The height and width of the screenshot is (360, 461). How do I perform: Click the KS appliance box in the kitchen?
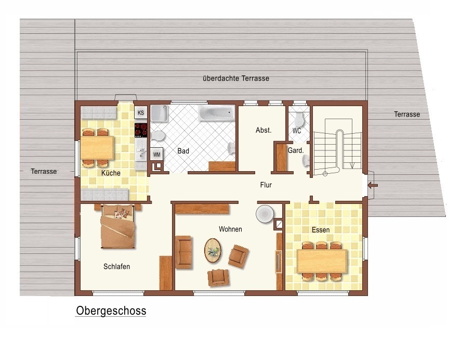[141, 112]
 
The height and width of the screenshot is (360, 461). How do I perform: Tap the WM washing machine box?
[157, 154]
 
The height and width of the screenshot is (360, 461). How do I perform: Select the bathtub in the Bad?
[217, 113]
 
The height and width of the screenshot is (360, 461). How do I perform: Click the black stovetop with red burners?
[141, 130]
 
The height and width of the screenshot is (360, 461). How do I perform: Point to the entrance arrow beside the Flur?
[373, 185]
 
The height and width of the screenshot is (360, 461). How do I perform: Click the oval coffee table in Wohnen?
[213, 250]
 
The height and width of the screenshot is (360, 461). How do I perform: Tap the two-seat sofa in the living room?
[184, 252]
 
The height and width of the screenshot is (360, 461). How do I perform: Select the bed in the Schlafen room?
[118, 227]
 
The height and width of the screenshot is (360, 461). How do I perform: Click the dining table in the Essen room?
[322, 261]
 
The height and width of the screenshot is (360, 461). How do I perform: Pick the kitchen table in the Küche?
[97, 147]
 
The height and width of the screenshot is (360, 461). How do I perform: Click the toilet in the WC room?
[299, 119]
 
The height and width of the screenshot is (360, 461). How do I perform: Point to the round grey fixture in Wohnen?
[265, 213]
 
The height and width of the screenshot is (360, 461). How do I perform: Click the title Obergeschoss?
[111, 311]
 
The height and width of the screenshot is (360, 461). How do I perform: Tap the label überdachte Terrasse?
[236, 79]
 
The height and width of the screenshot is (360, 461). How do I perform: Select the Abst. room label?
[264, 130]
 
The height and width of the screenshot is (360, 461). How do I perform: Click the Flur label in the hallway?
[266, 185]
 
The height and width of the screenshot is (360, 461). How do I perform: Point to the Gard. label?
[296, 150]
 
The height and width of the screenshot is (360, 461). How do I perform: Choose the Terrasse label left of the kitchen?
[44, 171]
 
